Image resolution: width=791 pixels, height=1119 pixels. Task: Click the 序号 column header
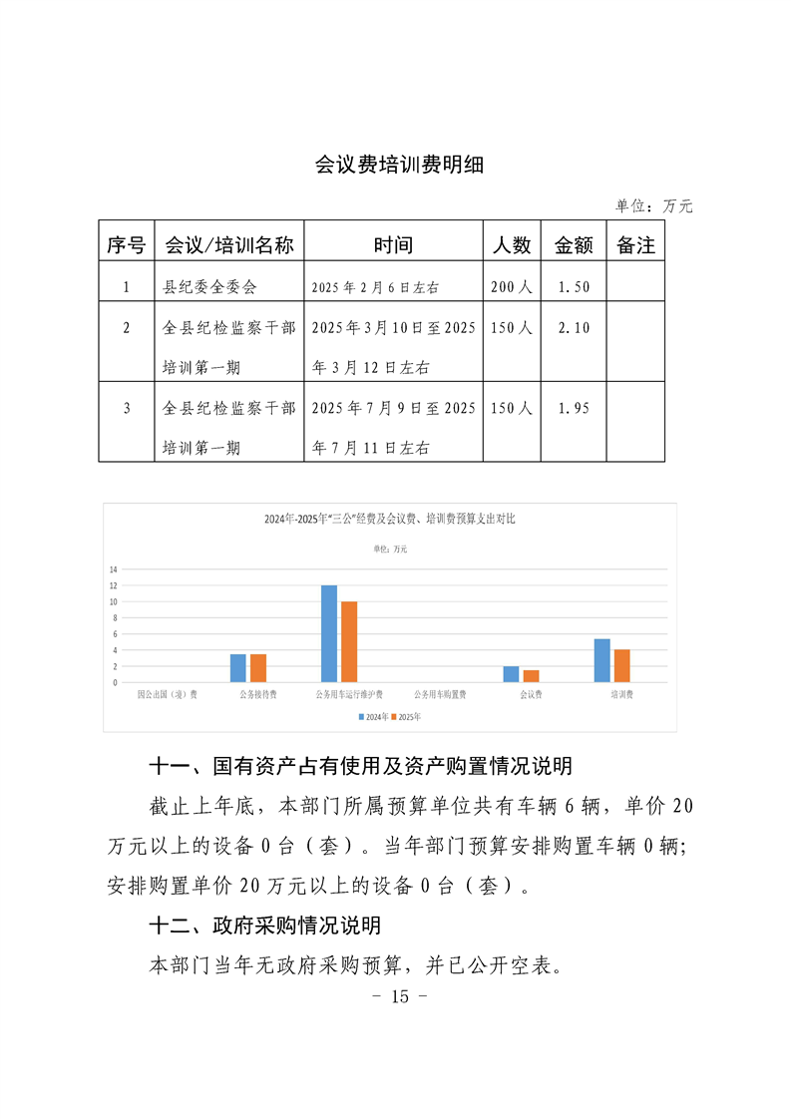(x=126, y=245)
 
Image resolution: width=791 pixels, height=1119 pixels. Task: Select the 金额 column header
(x=574, y=245)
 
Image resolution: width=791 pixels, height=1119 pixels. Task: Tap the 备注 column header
(x=635, y=245)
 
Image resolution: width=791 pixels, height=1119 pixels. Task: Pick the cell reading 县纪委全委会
(x=209, y=287)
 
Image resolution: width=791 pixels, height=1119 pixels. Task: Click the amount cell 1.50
(x=574, y=287)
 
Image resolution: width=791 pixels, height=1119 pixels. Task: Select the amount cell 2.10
(x=574, y=327)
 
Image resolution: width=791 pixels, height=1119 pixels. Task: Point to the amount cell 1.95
(x=574, y=408)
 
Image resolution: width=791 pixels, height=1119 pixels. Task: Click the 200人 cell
(x=513, y=287)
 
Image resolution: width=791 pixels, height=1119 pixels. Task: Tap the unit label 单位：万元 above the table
(x=653, y=206)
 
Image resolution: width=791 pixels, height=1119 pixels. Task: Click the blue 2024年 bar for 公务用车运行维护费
(x=329, y=633)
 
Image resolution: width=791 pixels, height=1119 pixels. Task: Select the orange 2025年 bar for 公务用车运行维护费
(x=349, y=641)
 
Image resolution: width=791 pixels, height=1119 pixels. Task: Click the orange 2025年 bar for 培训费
(x=621, y=665)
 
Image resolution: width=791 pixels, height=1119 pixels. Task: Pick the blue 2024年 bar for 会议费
(x=511, y=674)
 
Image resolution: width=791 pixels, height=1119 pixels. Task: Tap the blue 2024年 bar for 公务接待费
(x=238, y=668)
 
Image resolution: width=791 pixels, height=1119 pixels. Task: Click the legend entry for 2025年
(x=406, y=717)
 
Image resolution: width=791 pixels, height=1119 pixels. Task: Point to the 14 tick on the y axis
(x=114, y=569)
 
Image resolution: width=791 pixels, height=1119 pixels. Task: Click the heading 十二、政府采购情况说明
(x=264, y=926)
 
